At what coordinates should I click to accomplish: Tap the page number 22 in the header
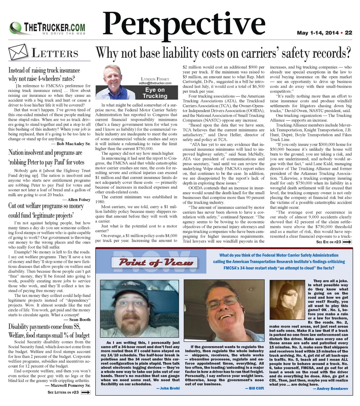[x=348, y=33]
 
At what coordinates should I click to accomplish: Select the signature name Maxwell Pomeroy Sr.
[x=67, y=385]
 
